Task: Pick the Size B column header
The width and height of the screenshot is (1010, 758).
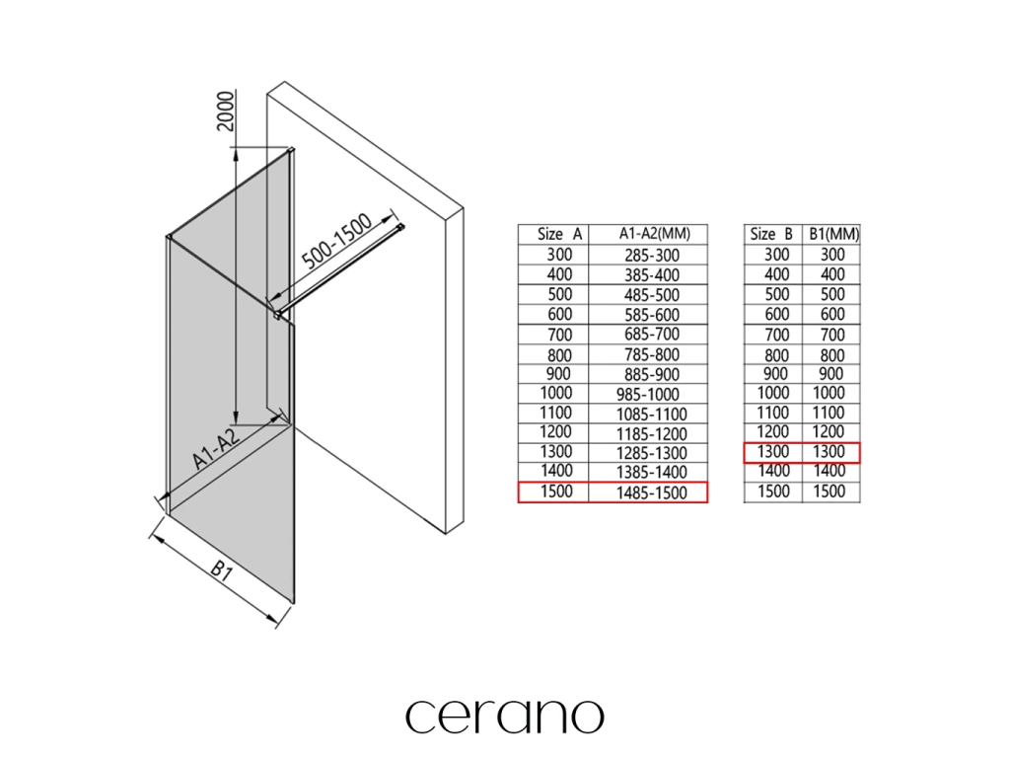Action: click(x=771, y=234)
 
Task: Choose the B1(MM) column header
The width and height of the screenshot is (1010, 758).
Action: click(x=833, y=234)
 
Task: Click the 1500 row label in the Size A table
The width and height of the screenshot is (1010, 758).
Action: click(x=553, y=492)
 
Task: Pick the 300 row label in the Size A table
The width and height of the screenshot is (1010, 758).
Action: click(x=553, y=255)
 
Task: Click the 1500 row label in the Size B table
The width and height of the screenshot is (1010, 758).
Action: click(x=772, y=492)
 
